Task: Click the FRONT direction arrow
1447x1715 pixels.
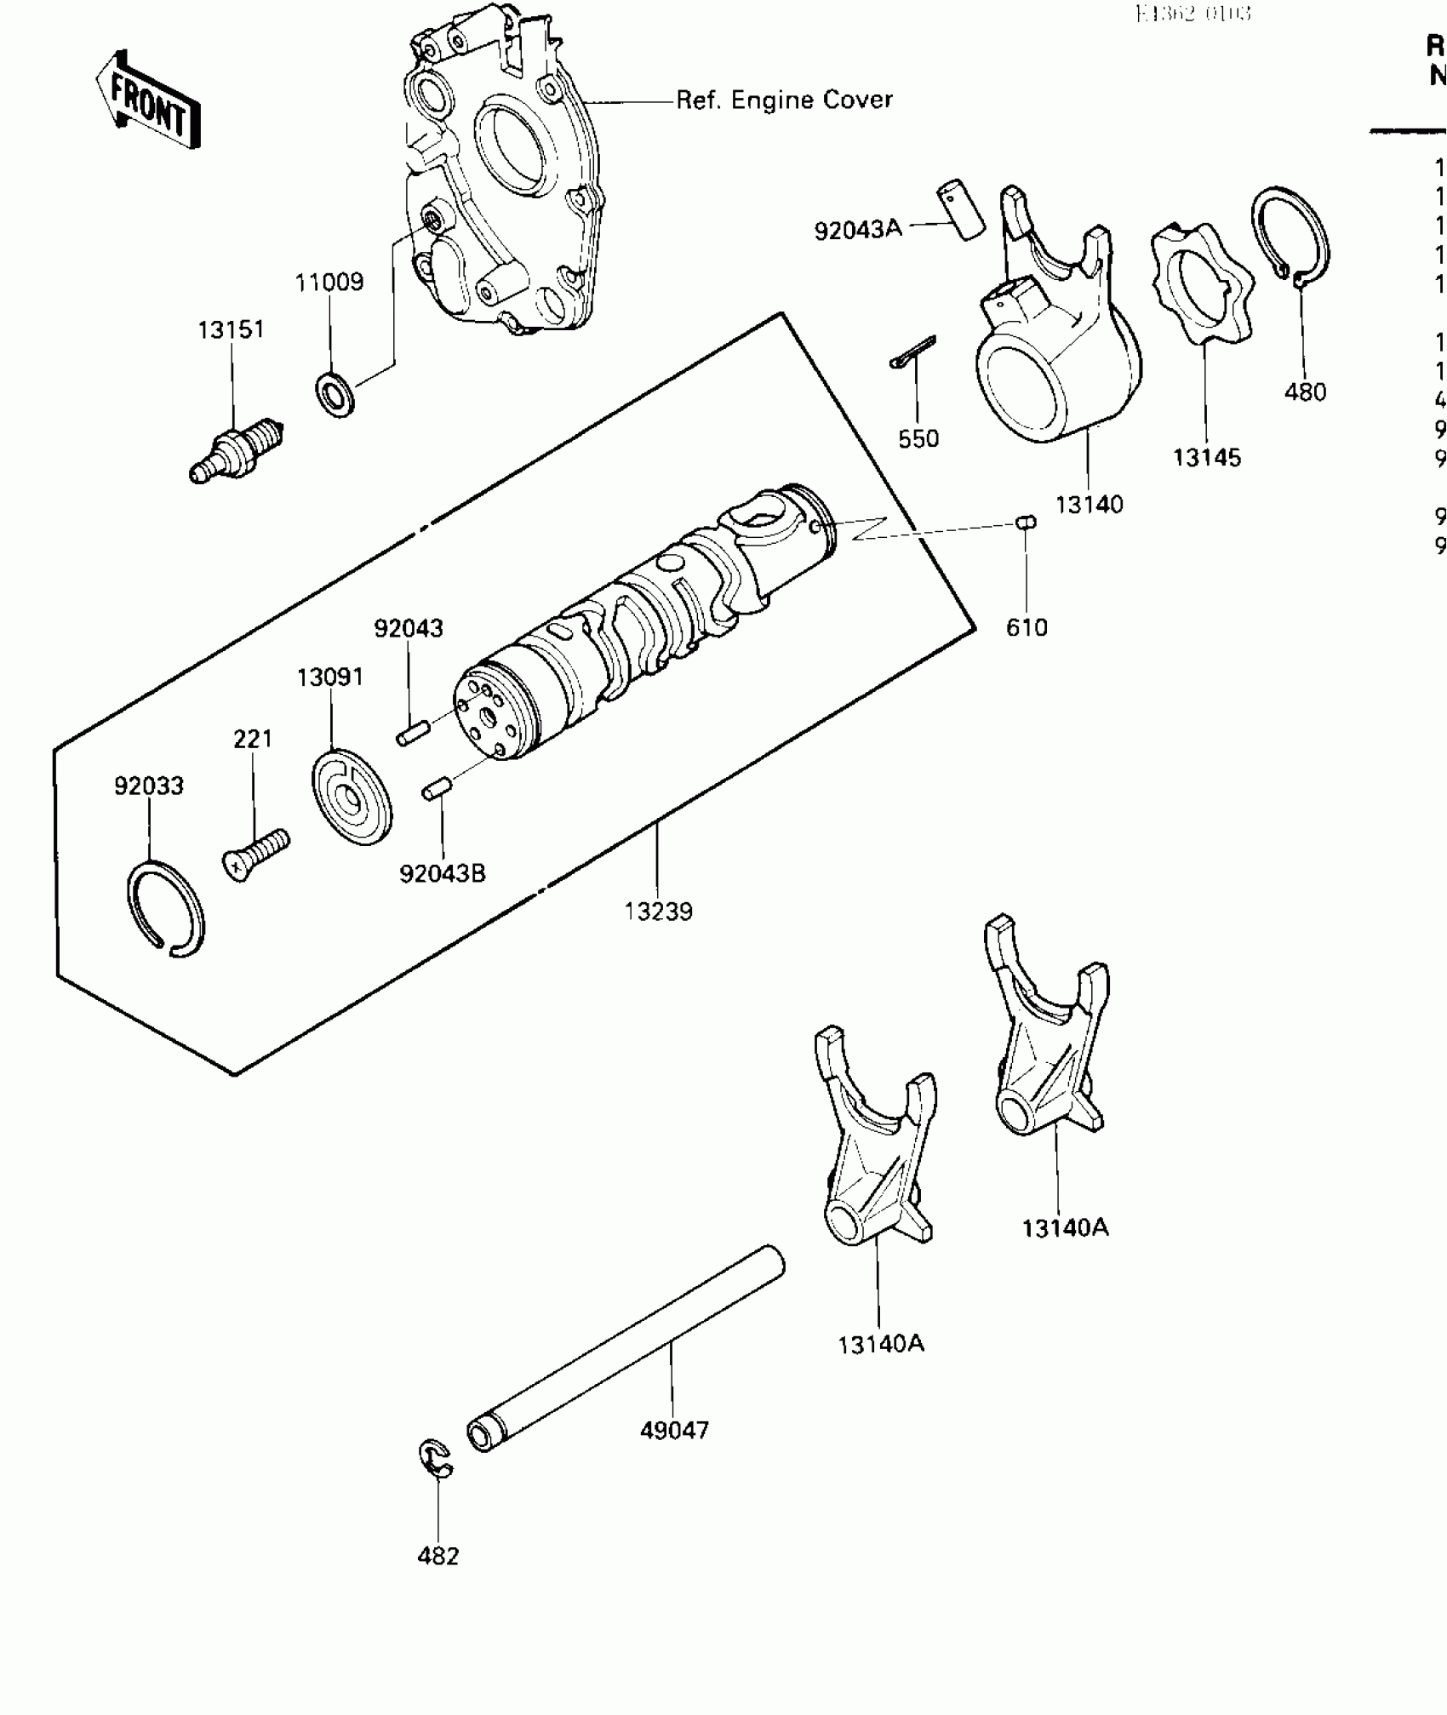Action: coord(147,101)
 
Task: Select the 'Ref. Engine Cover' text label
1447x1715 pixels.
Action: coord(784,100)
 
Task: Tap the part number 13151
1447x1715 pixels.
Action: coord(232,329)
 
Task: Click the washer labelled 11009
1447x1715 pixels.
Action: coord(337,394)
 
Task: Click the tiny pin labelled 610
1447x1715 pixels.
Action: coord(1026,521)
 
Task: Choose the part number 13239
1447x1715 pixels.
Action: coord(658,912)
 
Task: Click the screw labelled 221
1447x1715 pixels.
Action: coord(255,854)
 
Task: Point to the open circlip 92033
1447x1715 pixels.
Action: coord(166,909)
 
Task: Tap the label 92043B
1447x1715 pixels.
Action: coord(443,873)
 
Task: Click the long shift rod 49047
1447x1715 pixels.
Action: coord(626,1348)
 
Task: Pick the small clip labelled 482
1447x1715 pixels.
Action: coord(437,1459)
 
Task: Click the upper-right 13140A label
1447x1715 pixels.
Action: coord(1065,1228)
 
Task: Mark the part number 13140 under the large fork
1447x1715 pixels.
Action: coord(1089,505)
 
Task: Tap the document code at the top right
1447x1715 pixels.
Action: coord(1192,14)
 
